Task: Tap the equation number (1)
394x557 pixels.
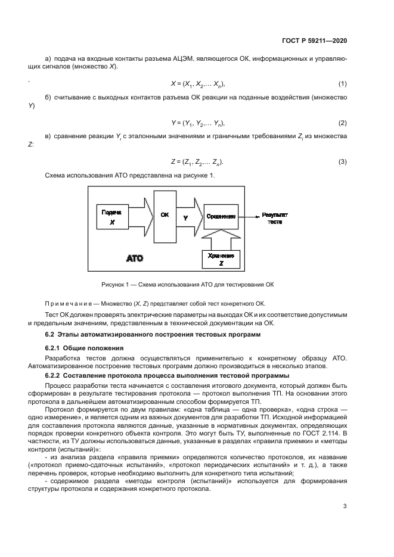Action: coord(342,84)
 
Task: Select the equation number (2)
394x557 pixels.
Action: coord(342,123)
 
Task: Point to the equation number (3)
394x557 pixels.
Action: coord(342,162)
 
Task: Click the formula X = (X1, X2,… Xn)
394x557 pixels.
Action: coord(197,84)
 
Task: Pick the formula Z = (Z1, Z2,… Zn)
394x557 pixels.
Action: coord(197,162)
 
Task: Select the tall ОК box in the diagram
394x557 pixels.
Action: coord(165,217)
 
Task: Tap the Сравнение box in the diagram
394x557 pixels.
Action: coord(221,216)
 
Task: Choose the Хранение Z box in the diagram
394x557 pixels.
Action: coord(221,259)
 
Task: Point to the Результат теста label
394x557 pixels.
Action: coord(274,216)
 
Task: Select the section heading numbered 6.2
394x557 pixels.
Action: coord(153,335)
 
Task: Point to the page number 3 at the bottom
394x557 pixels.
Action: coord(345,507)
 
